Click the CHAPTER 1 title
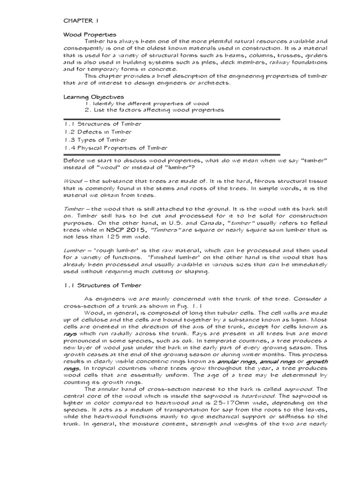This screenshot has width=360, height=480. (x=81, y=21)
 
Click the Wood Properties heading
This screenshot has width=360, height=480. (x=90, y=35)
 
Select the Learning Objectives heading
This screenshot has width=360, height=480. (x=94, y=97)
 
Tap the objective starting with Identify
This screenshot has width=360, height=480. (x=147, y=103)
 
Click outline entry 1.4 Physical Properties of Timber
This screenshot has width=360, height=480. (x=115, y=148)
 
